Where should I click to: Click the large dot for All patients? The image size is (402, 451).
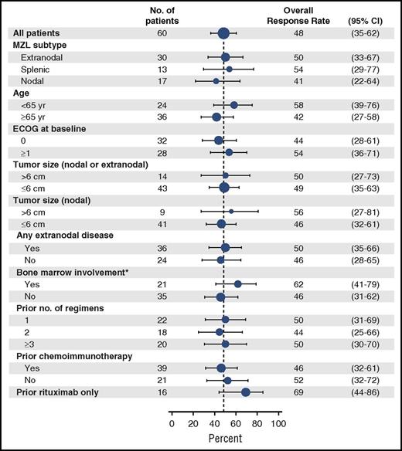click(x=223, y=32)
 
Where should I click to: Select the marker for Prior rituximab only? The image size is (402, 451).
click(x=246, y=392)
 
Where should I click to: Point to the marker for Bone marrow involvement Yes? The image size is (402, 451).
click(x=238, y=284)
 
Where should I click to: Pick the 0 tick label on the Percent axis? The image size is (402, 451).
click(x=172, y=424)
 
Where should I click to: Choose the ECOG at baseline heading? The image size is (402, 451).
click(x=53, y=128)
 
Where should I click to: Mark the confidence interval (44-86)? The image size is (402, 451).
click(x=360, y=392)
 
